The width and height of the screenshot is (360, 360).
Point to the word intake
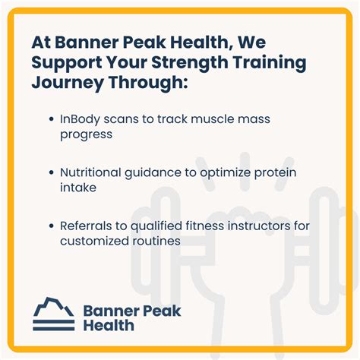(77, 187)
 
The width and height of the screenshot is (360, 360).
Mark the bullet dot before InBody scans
(51, 119)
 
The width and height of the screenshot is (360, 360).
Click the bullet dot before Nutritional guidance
(51, 173)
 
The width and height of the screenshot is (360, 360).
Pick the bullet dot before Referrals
(51, 226)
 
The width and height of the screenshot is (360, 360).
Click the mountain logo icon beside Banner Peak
(53, 312)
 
